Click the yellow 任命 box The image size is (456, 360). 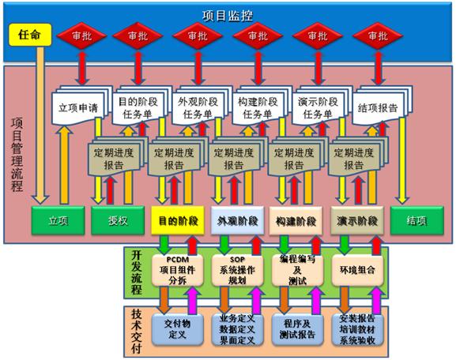point(30,35)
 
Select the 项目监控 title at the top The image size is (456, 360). point(228,16)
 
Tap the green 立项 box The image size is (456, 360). point(58,220)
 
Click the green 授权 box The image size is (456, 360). point(118,220)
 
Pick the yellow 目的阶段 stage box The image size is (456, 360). point(178,220)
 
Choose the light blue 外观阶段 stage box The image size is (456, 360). point(237,220)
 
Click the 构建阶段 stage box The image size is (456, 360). point(296,220)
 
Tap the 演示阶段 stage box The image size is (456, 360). point(357,220)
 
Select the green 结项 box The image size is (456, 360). point(417,220)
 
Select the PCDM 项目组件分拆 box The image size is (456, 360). point(177,270)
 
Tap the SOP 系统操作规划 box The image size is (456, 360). point(237,270)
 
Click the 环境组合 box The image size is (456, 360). point(357,270)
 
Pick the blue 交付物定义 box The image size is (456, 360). point(177,329)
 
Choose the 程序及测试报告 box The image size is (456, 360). point(297,329)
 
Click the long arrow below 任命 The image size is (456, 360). point(40,125)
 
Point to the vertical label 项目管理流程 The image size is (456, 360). point(17,155)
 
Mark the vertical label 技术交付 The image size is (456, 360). point(136,331)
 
